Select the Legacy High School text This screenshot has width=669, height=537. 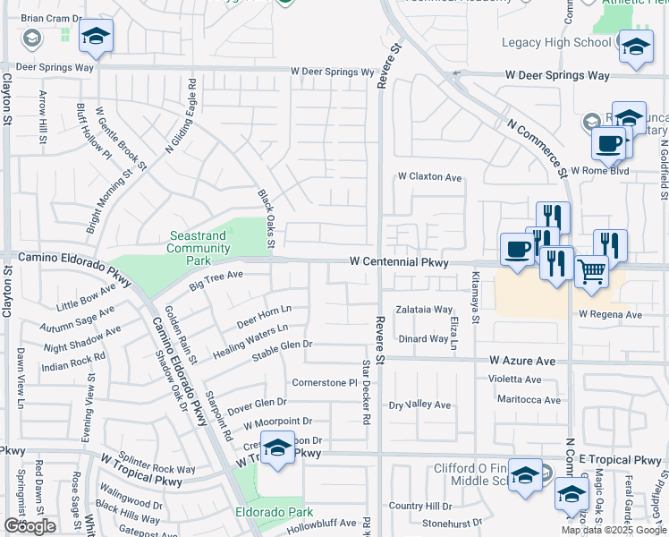(555, 42)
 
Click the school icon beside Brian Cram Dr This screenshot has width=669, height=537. (96, 36)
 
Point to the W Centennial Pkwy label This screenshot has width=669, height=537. (398, 261)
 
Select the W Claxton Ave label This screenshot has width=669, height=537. (430, 177)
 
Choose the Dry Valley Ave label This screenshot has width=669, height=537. (419, 405)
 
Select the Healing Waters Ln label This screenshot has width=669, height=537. (257, 343)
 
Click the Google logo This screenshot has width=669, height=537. (30, 526)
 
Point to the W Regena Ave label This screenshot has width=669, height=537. (610, 315)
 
